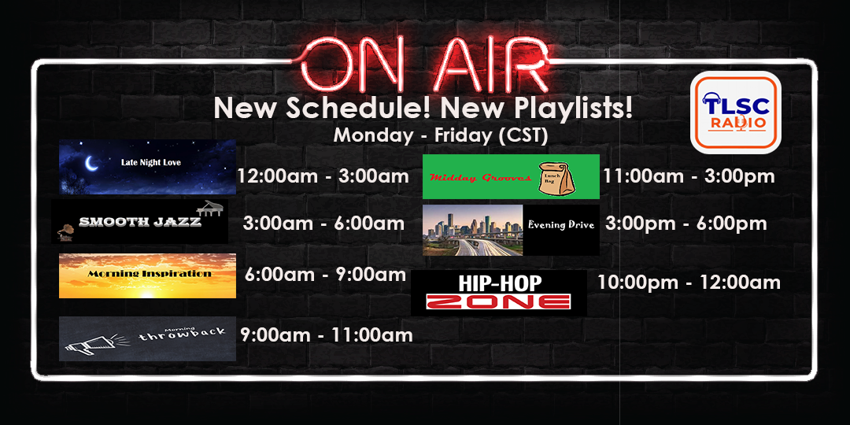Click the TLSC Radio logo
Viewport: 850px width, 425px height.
(735, 112)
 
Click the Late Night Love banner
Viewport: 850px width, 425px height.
(147, 166)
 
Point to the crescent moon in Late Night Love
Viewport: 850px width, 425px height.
(93, 163)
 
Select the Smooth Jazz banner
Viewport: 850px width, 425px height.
(140, 221)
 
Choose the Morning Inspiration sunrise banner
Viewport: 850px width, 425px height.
(147, 275)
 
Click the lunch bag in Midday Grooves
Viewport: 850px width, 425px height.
(557, 177)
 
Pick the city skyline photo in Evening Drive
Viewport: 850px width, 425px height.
(472, 230)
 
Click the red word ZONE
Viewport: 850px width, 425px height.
(497, 301)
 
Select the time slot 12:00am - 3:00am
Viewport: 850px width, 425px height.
(323, 176)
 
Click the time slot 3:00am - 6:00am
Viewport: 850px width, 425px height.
(323, 224)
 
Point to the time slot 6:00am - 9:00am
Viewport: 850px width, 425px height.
(324, 274)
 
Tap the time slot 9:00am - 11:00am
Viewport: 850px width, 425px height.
(326, 335)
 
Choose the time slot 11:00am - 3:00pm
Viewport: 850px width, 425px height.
(689, 176)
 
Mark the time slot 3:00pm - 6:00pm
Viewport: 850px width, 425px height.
(686, 224)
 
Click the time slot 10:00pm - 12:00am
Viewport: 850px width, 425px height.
(689, 282)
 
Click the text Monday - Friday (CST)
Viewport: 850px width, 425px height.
(440, 135)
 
